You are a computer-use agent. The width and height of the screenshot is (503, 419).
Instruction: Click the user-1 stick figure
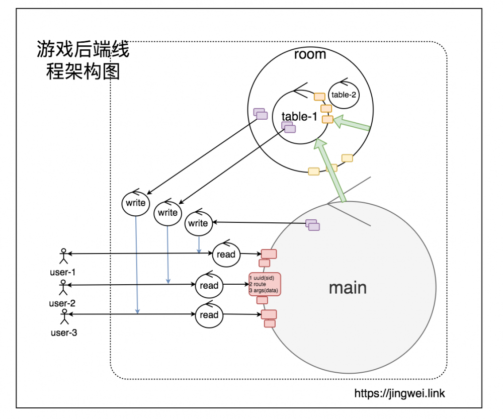(63, 256)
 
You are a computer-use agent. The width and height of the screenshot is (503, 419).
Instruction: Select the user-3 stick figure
(64, 317)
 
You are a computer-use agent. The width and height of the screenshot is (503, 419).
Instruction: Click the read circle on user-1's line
(226, 254)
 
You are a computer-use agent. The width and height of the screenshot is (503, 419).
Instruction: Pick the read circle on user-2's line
(209, 285)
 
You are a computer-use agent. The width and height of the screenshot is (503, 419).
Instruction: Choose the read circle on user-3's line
(208, 315)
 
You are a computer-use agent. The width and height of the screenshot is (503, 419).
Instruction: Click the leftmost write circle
(135, 203)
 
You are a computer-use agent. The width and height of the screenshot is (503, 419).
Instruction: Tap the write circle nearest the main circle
(198, 223)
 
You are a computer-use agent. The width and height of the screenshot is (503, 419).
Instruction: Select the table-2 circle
(344, 94)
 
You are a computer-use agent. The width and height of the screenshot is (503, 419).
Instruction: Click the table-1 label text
(299, 117)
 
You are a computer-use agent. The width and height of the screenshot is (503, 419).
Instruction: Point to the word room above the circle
(310, 54)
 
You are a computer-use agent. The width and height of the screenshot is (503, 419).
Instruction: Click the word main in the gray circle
(348, 288)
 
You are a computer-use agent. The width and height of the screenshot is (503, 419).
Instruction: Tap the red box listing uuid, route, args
(265, 285)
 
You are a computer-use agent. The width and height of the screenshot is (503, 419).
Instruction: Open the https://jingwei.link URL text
(399, 393)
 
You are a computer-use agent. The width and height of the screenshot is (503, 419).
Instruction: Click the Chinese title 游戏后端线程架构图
(83, 61)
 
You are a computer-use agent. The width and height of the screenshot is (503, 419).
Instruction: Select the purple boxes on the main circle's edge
(312, 225)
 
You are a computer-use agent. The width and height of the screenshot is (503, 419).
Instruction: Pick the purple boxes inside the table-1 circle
(288, 127)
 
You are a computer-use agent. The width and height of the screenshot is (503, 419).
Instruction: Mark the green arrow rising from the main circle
(331, 171)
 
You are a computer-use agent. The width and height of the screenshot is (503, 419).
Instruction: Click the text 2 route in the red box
(258, 285)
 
